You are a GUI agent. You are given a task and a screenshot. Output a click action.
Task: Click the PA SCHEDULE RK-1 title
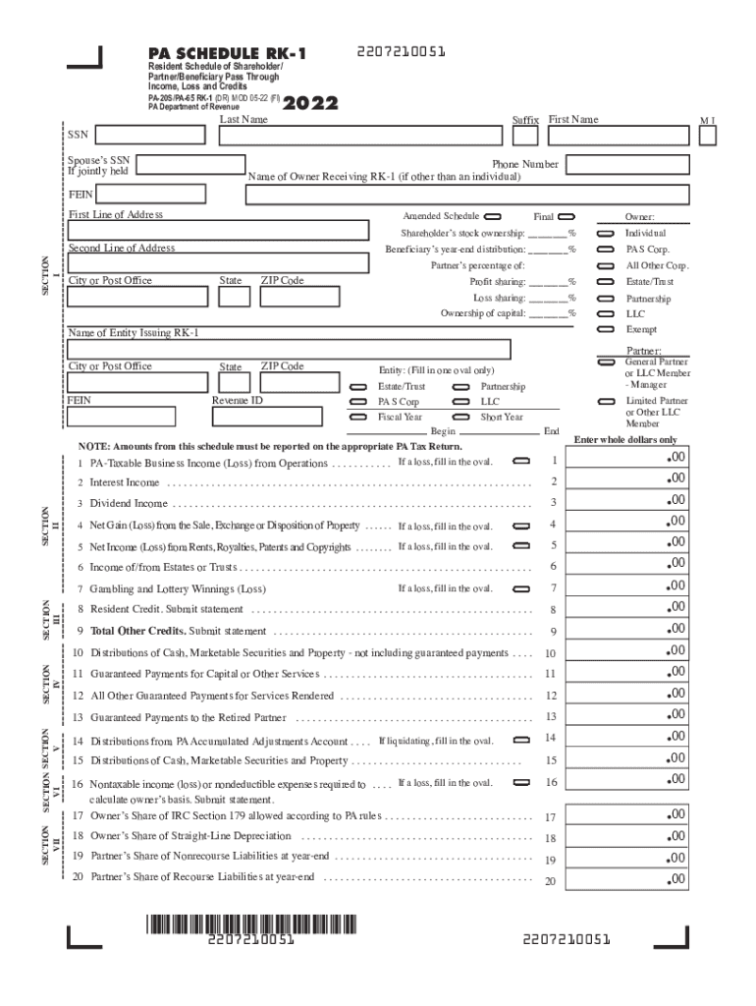[226, 53]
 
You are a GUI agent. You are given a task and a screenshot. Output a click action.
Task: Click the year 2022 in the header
[311, 103]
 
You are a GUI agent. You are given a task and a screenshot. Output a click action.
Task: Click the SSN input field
[154, 135]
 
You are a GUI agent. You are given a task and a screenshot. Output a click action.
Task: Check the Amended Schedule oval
[492, 216]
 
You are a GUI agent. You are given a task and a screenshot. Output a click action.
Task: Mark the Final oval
[567, 216]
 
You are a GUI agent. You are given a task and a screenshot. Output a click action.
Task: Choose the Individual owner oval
[606, 233]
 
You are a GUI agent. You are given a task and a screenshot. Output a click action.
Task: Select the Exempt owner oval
[606, 329]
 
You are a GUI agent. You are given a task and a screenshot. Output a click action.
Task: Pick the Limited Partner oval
[606, 402]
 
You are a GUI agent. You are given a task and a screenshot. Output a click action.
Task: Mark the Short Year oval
[460, 417]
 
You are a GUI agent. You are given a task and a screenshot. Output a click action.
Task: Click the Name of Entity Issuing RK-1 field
[289, 350]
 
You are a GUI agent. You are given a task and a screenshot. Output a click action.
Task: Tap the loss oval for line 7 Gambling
[522, 588]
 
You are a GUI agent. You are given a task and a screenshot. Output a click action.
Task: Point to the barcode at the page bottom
[252, 923]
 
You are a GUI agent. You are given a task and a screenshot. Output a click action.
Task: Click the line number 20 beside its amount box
[550, 881]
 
